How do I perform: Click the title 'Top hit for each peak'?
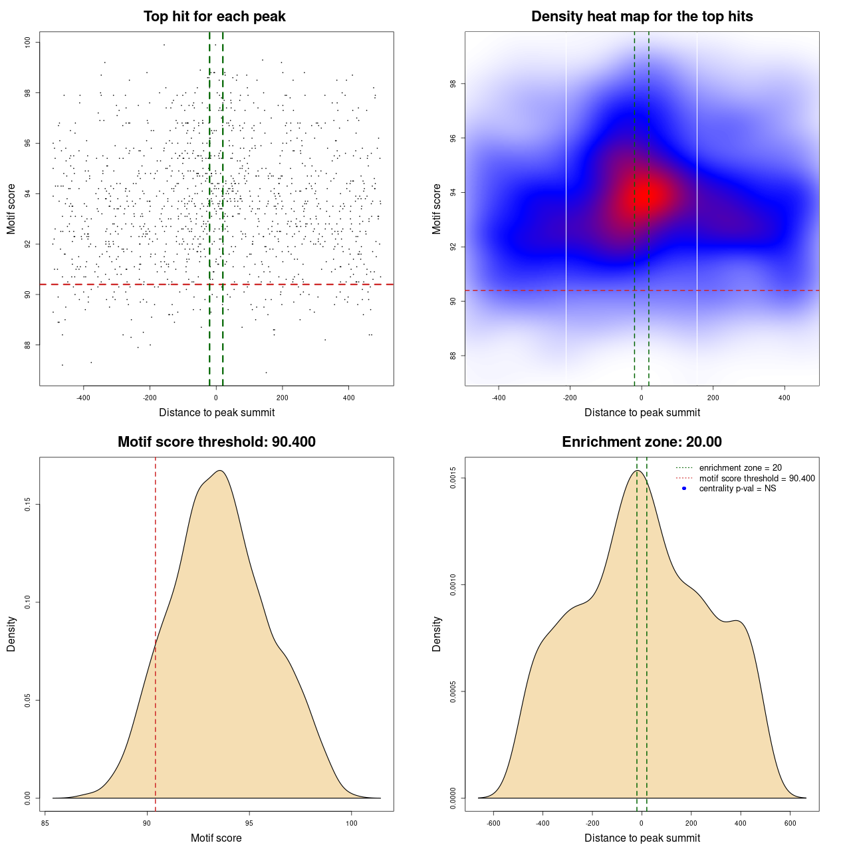coord(214,17)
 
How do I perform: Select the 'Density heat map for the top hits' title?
coord(642,17)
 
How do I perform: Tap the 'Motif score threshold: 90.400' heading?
coord(216,442)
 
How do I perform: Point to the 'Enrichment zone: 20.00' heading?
coord(642,442)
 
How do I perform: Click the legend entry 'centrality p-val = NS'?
coord(737,489)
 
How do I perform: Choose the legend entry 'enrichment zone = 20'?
coord(740,468)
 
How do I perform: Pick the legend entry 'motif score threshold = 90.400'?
coord(757,479)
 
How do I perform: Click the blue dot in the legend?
coord(684,489)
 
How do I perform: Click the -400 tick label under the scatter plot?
coord(83,398)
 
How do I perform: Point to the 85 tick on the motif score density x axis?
coord(45,823)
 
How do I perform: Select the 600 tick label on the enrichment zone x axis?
coord(790,823)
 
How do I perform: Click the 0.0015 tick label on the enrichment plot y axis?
coord(453,478)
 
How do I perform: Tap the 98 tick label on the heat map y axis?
coord(453,84)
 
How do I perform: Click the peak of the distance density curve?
coord(638,471)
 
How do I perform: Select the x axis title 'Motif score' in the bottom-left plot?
coord(216,838)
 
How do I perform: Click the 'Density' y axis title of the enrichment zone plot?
coord(437,634)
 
